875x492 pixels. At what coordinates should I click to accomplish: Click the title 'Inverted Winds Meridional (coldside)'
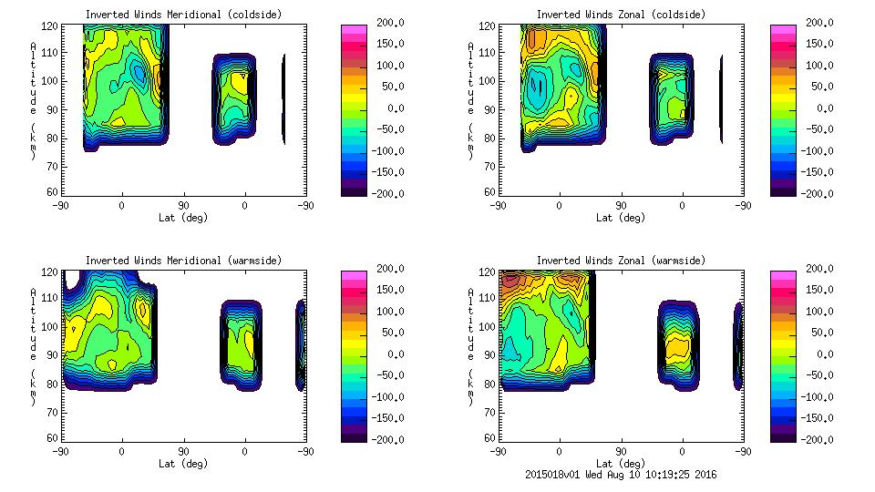pyautogui.click(x=183, y=15)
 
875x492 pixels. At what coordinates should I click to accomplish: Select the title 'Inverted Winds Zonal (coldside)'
pyautogui.click(x=621, y=15)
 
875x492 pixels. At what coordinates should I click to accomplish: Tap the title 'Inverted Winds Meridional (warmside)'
pyautogui.click(x=183, y=261)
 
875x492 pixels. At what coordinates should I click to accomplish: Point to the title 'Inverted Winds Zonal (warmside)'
pyautogui.click(x=621, y=261)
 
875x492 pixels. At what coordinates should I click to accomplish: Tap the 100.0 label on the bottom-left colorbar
pyautogui.click(x=387, y=312)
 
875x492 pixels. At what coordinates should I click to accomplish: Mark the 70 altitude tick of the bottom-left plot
pyautogui.click(x=57, y=411)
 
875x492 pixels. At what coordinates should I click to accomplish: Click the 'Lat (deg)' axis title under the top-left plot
pyautogui.click(x=183, y=218)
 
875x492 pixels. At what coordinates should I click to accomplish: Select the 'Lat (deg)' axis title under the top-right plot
pyautogui.click(x=621, y=218)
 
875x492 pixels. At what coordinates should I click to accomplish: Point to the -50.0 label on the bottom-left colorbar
pyautogui.click(x=387, y=375)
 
